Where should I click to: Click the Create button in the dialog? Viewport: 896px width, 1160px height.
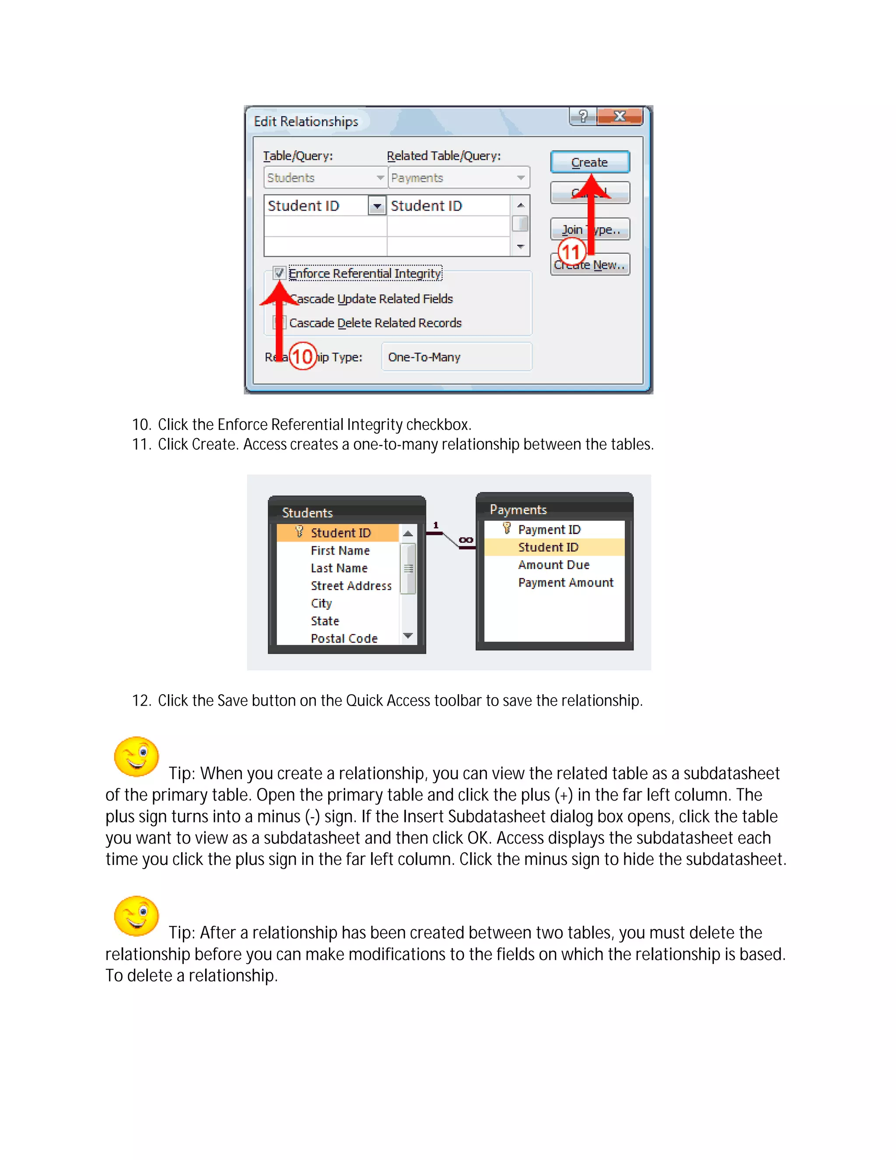point(590,162)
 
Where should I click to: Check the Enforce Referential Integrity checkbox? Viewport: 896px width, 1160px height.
point(279,273)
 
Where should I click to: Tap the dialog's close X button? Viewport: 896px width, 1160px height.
point(619,116)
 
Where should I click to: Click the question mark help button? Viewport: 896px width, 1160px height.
point(583,116)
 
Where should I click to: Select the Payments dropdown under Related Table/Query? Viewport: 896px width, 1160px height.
point(458,178)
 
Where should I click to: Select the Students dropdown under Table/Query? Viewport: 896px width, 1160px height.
point(325,178)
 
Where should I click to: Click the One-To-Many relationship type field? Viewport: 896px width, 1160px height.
point(456,357)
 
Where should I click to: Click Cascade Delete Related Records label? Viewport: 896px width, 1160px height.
point(375,323)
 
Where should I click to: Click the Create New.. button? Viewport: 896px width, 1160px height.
point(590,264)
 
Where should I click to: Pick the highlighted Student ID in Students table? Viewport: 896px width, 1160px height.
point(340,533)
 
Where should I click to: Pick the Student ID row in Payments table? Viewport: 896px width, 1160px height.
point(548,547)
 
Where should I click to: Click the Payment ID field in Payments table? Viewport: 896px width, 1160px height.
point(549,530)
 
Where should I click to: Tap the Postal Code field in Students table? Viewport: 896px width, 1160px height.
point(344,638)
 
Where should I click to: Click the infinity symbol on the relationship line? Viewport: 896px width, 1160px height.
point(465,540)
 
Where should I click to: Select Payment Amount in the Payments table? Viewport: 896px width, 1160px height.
point(565,583)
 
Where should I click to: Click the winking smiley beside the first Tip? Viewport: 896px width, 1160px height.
point(136,756)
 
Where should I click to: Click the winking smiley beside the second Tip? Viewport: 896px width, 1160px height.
point(136,916)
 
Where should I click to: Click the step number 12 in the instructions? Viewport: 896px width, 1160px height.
point(141,700)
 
